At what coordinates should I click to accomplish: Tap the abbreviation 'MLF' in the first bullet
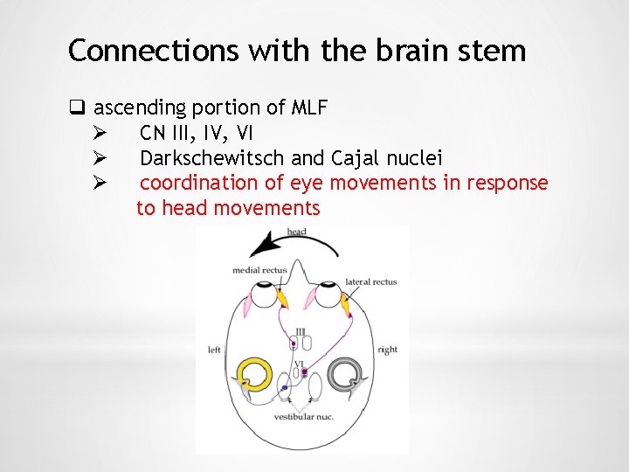pos(310,108)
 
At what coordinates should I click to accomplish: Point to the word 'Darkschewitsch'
pos(212,158)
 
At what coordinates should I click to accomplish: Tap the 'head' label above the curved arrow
pos(295,232)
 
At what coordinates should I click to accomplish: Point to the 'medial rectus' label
pos(259,270)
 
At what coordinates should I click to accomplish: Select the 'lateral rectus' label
pos(370,281)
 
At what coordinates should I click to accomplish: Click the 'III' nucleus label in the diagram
pos(300,332)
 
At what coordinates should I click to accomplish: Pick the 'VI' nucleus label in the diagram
pos(299,364)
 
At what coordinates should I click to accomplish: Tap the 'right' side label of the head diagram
pos(387,350)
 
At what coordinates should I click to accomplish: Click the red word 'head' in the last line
pos(185,209)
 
